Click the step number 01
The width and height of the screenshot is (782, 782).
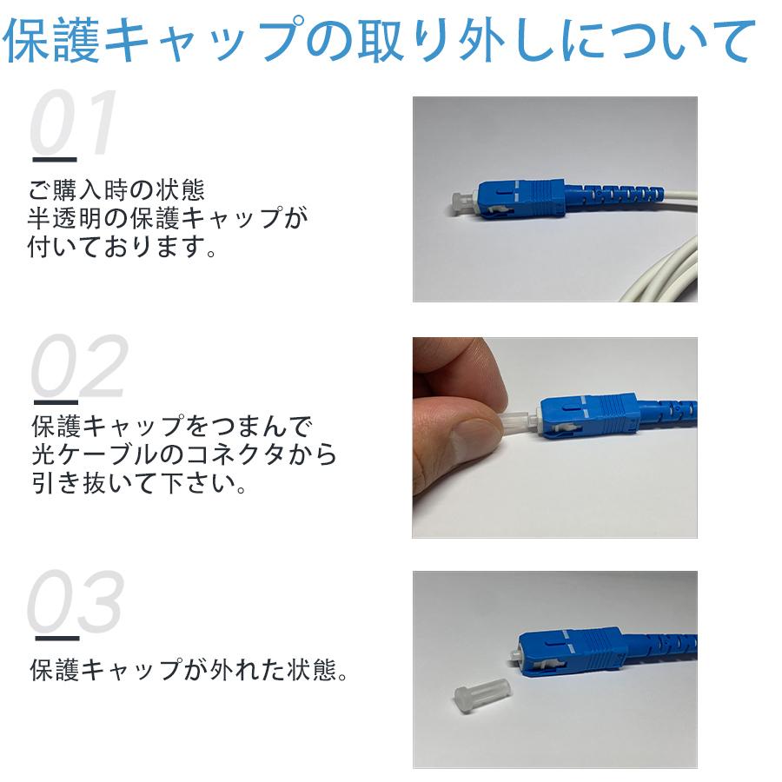(73, 123)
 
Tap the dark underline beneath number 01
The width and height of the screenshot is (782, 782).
(54, 159)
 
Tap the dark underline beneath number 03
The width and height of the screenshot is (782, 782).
(54, 640)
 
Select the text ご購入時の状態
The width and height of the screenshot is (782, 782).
(117, 189)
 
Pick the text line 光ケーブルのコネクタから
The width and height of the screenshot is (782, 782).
(182, 454)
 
